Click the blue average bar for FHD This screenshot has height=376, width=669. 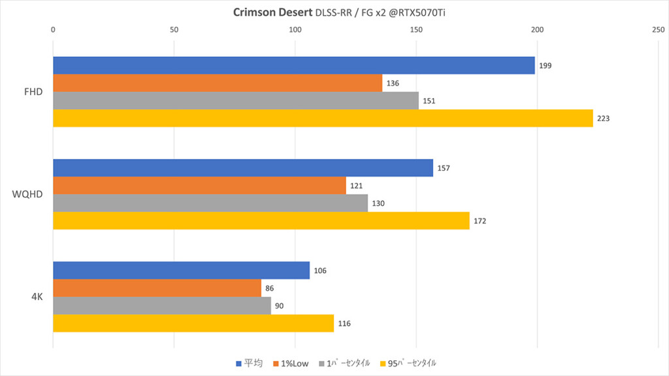pyautogui.click(x=293, y=65)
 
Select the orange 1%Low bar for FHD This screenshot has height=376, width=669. pyautogui.click(x=217, y=83)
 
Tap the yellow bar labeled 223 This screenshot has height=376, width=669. pyautogui.click(x=323, y=118)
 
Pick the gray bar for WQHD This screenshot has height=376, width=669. pyautogui.click(x=210, y=203)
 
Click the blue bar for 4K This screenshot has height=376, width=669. pyautogui.click(x=181, y=270)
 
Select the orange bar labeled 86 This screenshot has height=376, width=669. pyautogui.click(x=157, y=288)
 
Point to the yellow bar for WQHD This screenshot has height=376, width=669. pyautogui.click(x=261, y=221)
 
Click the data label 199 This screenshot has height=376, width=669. pyautogui.click(x=546, y=66)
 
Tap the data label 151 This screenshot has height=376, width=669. pyautogui.click(x=429, y=101)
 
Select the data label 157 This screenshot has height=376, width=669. pyautogui.click(x=444, y=168)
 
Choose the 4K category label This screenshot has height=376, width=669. pyautogui.click(x=37, y=296)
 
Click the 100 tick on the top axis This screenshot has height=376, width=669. pyautogui.click(x=295, y=29)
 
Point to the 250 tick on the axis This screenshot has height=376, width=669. pyautogui.click(x=658, y=29)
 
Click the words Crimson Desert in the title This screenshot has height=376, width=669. pyautogui.click(x=272, y=12)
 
